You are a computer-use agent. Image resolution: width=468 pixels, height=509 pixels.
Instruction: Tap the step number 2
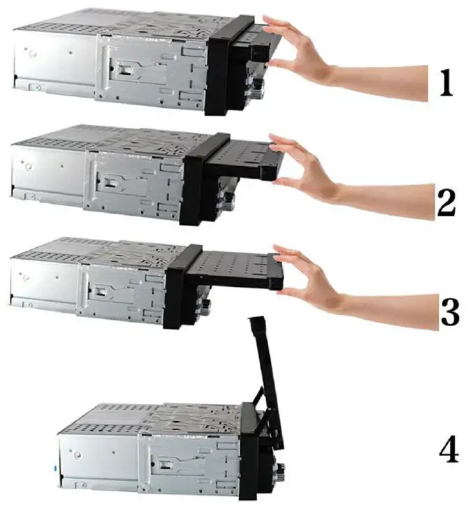446,202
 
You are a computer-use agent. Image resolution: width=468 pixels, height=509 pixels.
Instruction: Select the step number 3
450,312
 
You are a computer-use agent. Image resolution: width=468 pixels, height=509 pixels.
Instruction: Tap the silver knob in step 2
229,199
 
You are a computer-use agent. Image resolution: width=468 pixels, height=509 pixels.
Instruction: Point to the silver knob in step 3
205,305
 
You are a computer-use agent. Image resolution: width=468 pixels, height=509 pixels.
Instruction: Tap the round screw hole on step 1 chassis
32,54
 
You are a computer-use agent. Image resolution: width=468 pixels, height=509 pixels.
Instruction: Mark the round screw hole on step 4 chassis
78,455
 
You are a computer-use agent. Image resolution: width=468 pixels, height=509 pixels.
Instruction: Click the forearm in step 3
390,311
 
